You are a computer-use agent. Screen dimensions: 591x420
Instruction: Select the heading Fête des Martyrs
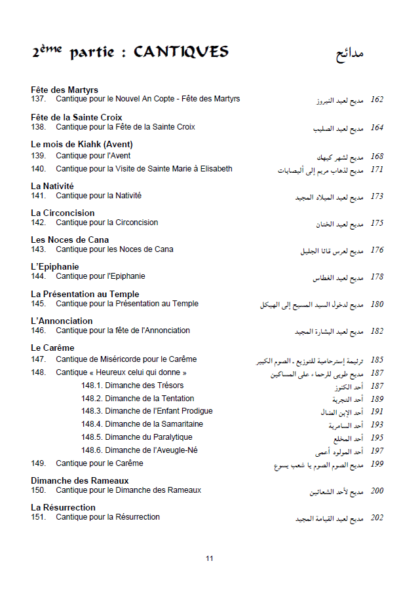tap(64, 90)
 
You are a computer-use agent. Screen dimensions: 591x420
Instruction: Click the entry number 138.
tap(38, 127)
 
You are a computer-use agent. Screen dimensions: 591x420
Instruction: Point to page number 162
tap(377, 100)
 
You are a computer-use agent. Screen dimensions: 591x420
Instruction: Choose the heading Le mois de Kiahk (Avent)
tap(81, 144)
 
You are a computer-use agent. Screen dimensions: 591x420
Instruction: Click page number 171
tap(377, 170)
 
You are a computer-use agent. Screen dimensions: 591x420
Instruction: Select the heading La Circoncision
tap(62, 213)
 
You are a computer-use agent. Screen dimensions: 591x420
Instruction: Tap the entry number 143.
tap(38, 249)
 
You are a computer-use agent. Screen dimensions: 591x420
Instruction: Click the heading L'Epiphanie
tap(54, 266)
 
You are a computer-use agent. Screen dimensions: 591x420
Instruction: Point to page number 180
tap(377, 304)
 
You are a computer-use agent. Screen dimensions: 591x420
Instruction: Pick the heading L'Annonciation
tap(62, 321)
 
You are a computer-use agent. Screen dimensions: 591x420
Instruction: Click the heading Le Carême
tap(52, 348)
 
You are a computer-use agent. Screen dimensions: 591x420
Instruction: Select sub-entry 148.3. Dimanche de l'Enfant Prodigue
tap(147, 411)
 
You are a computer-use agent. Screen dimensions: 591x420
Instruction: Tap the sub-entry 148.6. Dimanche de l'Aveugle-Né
tap(139, 450)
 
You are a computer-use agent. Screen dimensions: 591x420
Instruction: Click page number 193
tap(377, 425)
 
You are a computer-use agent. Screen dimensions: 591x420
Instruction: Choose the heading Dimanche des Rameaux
tap(79, 480)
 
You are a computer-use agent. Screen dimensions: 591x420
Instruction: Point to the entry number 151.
tap(38, 517)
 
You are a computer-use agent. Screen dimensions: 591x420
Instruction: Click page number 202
tap(377, 518)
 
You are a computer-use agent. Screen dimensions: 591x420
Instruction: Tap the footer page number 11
tap(210, 558)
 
